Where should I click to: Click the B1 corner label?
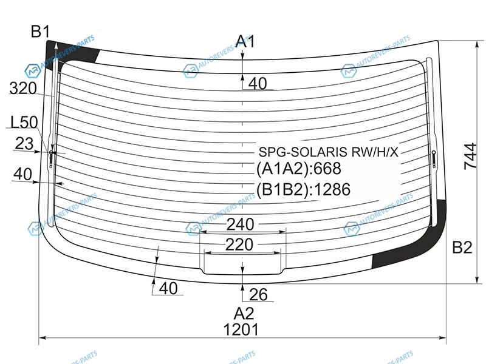[40, 32]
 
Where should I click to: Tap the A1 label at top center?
[245, 41]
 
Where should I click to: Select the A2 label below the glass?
[244, 314]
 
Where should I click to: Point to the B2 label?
[462, 248]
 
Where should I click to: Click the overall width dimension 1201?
[241, 329]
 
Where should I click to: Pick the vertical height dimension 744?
[470, 156]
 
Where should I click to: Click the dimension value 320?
[23, 88]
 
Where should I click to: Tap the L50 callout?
[24, 122]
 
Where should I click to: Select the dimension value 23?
[24, 144]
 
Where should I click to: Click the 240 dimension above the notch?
[240, 224]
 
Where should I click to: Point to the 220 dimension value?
[239, 245]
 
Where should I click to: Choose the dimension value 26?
[258, 294]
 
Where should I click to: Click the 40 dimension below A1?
[258, 84]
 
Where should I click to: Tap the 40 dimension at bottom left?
[168, 289]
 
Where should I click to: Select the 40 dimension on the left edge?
[22, 174]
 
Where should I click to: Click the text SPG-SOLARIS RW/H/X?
[328, 152]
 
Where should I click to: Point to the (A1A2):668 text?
[299, 169]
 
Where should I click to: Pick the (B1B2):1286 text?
[303, 189]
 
